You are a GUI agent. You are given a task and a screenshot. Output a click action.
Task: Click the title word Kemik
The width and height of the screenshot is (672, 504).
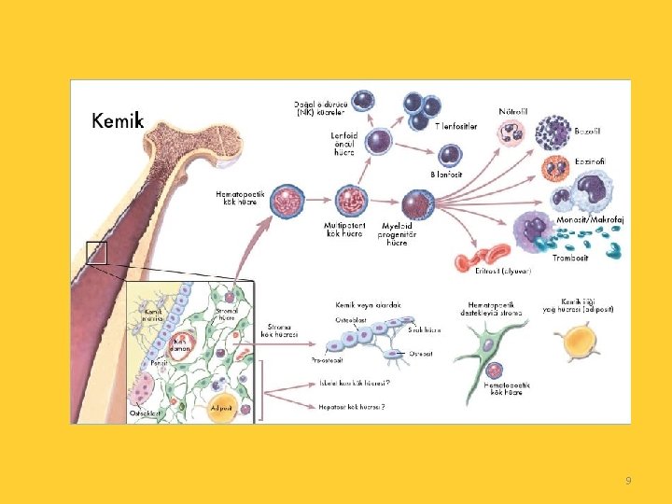(117, 120)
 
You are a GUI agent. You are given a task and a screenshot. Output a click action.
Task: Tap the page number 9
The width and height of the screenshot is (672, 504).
(628, 481)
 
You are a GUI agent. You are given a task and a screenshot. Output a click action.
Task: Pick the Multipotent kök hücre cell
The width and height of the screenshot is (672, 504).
(352, 201)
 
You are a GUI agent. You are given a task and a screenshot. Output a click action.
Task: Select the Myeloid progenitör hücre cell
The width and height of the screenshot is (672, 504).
(416, 204)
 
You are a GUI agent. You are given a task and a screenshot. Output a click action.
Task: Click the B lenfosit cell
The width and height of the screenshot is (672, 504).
(451, 154)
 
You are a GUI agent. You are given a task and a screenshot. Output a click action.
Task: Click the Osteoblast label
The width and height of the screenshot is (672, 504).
(351, 318)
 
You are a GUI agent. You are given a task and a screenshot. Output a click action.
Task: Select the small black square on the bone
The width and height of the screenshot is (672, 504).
(97, 252)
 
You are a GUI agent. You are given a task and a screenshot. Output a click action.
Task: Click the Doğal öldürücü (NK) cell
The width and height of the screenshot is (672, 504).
(364, 100)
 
